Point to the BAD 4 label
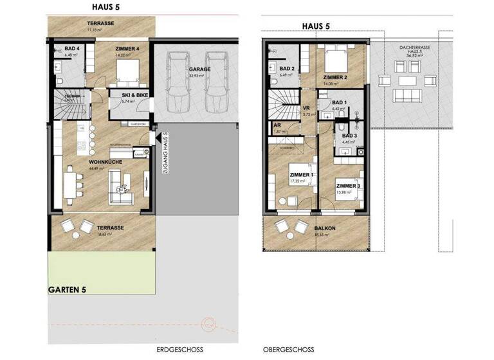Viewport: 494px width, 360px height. pyautogui.click(x=72, y=48)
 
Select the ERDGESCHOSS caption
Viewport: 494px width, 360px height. pyautogui.click(x=179, y=350)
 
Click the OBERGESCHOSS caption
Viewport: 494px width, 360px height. pyautogui.click(x=289, y=350)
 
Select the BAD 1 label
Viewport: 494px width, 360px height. pyautogui.click(x=340, y=102)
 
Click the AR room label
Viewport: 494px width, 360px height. pyautogui.click(x=277, y=125)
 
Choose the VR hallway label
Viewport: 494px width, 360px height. pyautogui.click(x=307, y=109)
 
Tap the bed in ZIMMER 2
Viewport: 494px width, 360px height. pyautogui.click(x=336, y=61)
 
